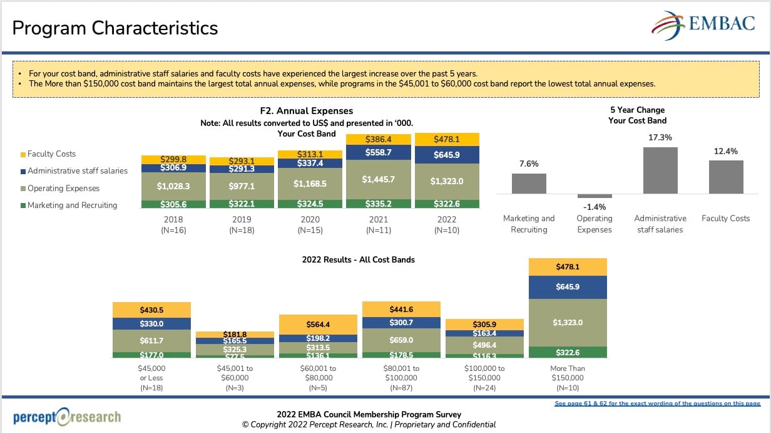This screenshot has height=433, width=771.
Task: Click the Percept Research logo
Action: point(67,417)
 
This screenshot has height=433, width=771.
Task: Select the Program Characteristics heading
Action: point(115,28)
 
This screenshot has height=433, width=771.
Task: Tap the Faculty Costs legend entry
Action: point(51,154)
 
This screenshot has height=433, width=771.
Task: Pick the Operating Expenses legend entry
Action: point(63,188)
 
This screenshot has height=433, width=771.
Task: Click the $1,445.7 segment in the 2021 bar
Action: point(379,179)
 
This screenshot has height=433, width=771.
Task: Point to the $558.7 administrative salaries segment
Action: point(379,152)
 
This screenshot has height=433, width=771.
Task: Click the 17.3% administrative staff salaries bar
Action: point(660,170)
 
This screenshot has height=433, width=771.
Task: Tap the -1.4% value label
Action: point(594,207)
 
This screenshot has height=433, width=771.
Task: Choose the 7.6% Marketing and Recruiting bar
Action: point(529,183)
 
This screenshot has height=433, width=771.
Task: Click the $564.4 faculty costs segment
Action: point(318,324)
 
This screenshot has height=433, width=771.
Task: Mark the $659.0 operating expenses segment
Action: point(401,340)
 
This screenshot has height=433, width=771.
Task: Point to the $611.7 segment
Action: point(151,340)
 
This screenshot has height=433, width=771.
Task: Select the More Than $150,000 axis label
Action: point(568,373)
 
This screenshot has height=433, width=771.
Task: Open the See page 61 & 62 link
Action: point(657,404)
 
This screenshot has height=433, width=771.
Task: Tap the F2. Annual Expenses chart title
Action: point(307,111)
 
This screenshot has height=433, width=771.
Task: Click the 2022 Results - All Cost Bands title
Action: point(358,259)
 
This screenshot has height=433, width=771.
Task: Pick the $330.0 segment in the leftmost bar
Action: point(151,323)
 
